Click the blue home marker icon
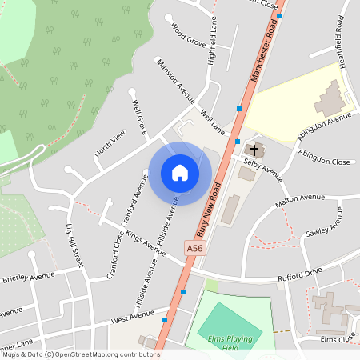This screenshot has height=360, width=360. coord(180,173)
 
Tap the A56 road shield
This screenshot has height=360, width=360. coord(194,250)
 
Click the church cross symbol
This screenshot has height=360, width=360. coord(254,150)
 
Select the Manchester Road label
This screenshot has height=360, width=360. coord(266,51)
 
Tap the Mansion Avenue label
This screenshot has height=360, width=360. coord(176,81)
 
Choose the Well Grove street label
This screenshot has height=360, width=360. coord(138,116)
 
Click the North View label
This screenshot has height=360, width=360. coord(110,142)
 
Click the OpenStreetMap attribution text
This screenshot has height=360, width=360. coord(81,354)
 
